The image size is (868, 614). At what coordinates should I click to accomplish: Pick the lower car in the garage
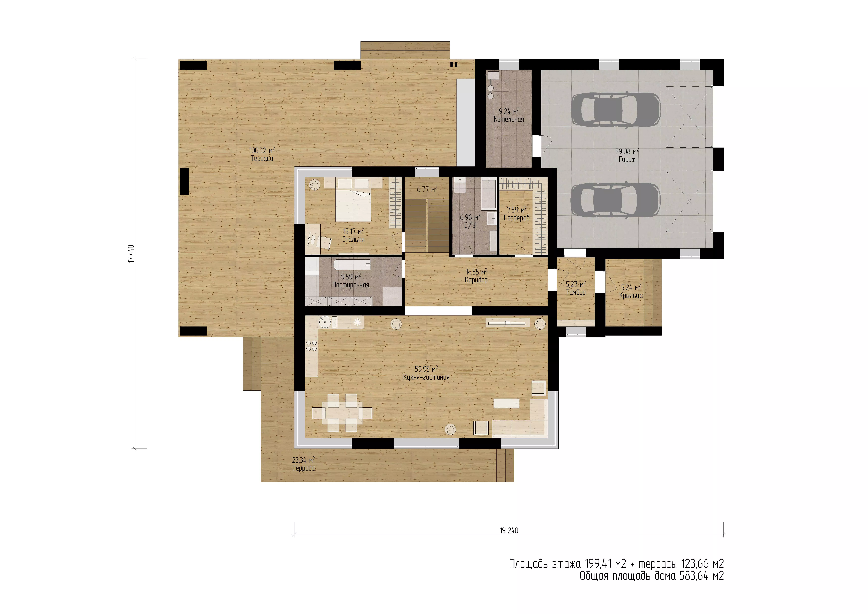coord(615,200)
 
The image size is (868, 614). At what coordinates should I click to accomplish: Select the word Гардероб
coord(516,218)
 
